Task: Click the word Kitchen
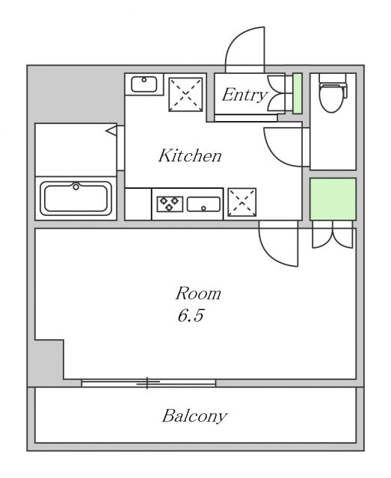pos(190,155)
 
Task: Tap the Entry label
pos(244,95)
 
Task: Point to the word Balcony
pos(194,417)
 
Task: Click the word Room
pos(198,294)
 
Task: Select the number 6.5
pos(191,315)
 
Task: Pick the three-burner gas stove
pos(170,204)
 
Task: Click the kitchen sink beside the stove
pos(203,204)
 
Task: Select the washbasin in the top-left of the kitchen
pos(144,84)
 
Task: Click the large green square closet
pos(333,199)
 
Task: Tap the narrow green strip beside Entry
pos(298,93)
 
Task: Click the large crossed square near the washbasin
pos(185,95)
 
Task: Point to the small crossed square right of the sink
pos(242,202)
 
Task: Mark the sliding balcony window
pos(148,383)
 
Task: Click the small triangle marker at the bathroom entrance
pos(111,131)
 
